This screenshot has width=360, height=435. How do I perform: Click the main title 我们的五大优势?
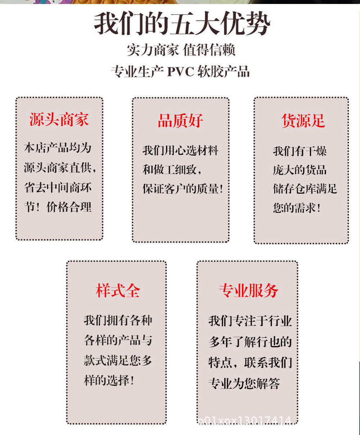[x=182, y=24]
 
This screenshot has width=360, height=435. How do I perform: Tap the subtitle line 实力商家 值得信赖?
[x=181, y=50]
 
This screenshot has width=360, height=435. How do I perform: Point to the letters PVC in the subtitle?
[x=180, y=72]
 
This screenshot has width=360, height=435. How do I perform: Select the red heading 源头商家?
[x=59, y=120]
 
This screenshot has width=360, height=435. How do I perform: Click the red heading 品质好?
[x=180, y=121]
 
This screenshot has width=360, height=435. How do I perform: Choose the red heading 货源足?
[x=303, y=121]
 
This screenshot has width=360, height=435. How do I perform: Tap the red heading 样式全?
[x=118, y=291]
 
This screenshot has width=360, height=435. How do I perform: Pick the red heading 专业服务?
[x=248, y=291]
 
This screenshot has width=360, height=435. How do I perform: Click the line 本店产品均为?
[x=58, y=148]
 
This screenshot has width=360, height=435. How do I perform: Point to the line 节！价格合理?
[x=58, y=207]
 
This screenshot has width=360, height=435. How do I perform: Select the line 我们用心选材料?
[x=180, y=150]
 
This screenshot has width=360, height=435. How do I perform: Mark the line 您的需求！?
[x=297, y=208]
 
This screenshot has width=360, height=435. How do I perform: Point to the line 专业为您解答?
[x=244, y=384]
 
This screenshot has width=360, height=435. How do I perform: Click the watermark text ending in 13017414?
[x=245, y=420]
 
